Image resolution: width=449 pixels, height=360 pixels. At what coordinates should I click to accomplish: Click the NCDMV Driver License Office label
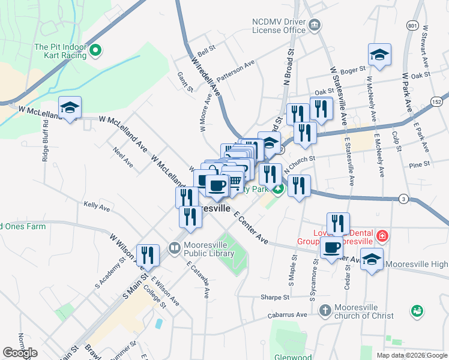tap(279, 25)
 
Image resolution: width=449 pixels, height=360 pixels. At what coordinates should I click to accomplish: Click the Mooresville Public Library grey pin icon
tap(174, 247)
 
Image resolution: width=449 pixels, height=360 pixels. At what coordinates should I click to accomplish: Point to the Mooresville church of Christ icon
tap(325, 310)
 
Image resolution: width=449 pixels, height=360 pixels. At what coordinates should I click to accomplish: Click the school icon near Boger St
tap(379, 55)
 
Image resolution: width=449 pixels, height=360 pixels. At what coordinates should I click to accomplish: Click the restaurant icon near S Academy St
tap(148, 256)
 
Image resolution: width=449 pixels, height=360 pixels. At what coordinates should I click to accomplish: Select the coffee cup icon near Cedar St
tap(331, 247)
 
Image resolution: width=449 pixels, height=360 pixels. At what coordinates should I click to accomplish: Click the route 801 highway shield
tap(412, 26)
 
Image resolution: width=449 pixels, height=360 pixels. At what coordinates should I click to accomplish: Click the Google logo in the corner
tap(20, 353)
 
